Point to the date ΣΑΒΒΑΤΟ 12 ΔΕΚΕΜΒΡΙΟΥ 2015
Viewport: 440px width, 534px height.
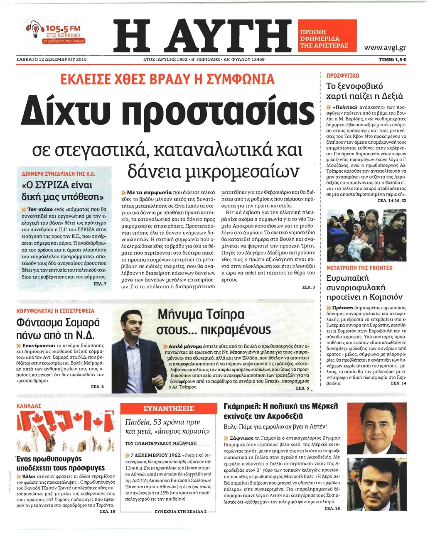(51, 59)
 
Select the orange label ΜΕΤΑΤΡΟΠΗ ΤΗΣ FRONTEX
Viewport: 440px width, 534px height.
(359, 268)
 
